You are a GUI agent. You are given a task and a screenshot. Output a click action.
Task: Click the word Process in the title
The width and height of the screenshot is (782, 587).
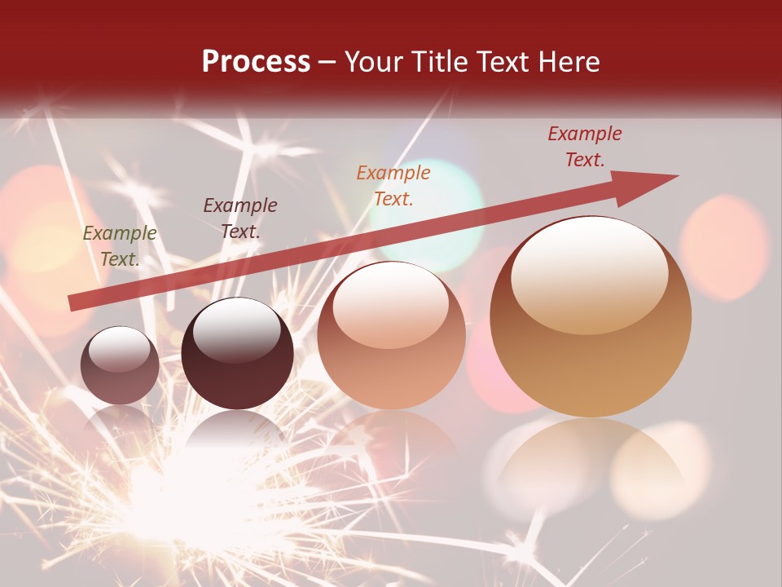[256, 62]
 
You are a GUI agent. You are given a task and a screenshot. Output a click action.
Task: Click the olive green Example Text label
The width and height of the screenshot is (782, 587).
[120, 245]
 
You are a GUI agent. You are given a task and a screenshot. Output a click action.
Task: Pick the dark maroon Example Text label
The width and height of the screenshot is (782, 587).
[239, 218]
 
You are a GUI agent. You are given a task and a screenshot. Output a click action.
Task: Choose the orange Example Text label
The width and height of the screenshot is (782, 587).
[393, 185]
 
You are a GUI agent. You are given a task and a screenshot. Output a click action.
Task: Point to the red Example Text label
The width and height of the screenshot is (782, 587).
[584, 147]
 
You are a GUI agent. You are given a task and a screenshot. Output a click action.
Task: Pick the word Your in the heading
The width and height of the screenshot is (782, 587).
[371, 62]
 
